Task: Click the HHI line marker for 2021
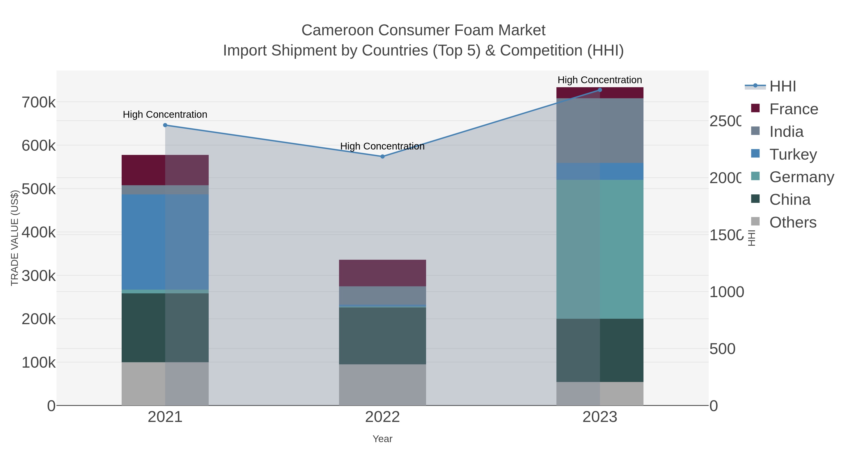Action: pyautogui.click(x=165, y=125)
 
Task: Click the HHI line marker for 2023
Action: pyautogui.click(x=600, y=90)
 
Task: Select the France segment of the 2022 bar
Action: pyautogui.click(x=382, y=273)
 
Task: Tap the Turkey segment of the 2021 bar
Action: pyautogui.click(x=165, y=242)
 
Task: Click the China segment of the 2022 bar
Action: pyautogui.click(x=382, y=335)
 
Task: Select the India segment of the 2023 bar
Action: pyautogui.click(x=600, y=130)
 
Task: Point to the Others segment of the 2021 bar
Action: pyautogui.click(x=165, y=383)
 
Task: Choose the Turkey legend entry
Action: pyautogui.click(x=793, y=154)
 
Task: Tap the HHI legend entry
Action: pyautogui.click(x=783, y=87)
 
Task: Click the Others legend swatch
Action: pyautogui.click(x=755, y=221)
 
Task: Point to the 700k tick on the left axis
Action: pyautogui.click(x=39, y=102)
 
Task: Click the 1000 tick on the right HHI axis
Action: pyautogui.click(x=726, y=292)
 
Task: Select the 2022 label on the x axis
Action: pyautogui.click(x=382, y=417)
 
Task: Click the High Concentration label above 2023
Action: pyautogui.click(x=600, y=80)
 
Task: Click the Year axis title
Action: pyautogui.click(x=382, y=439)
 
